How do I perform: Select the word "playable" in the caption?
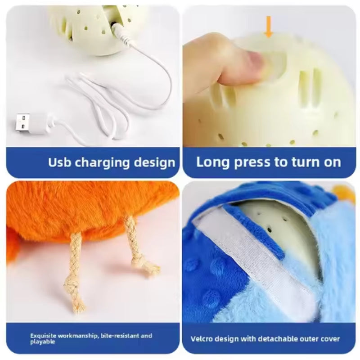(43, 342)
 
